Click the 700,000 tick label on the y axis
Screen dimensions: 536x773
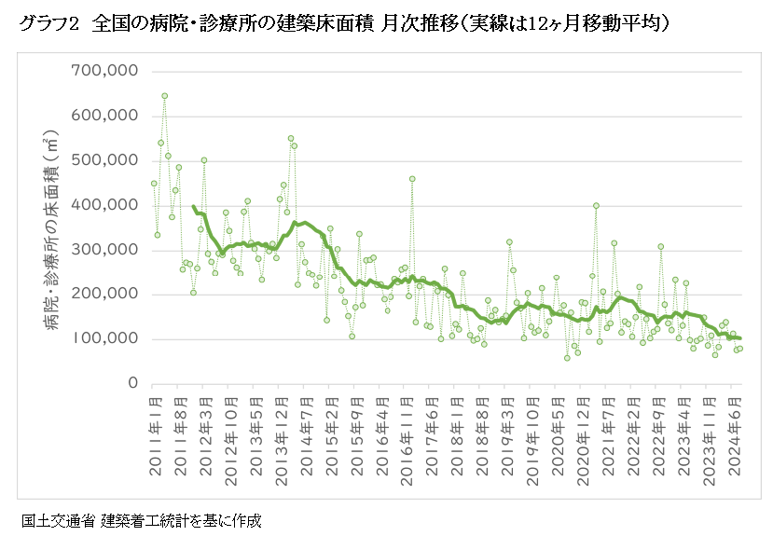(x=104, y=71)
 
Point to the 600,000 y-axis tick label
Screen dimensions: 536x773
(x=104, y=116)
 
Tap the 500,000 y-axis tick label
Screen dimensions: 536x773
(x=104, y=160)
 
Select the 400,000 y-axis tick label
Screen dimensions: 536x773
(x=104, y=205)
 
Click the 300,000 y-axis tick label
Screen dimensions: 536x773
(x=104, y=250)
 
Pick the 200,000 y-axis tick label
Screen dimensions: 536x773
(x=104, y=295)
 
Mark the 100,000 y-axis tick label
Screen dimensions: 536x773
(x=104, y=339)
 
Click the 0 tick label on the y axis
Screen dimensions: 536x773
(x=132, y=384)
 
